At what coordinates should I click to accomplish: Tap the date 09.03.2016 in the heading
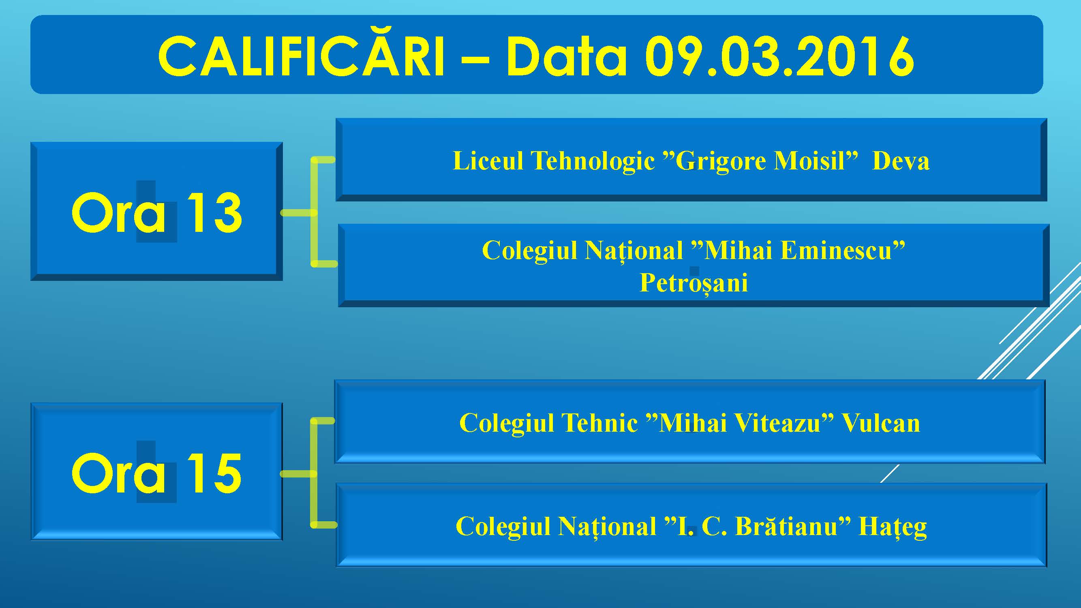(x=779, y=56)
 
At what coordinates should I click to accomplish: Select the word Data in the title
(x=566, y=56)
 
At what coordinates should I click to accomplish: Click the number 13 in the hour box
(x=214, y=212)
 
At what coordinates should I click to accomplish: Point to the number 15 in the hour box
(x=214, y=473)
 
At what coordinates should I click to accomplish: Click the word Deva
(x=901, y=161)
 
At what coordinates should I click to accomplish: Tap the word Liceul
(x=488, y=161)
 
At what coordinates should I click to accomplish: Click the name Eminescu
(x=836, y=250)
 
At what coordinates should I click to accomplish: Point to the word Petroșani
(x=694, y=283)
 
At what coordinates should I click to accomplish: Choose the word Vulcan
(x=881, y=422)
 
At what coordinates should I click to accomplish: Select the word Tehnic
(x=599, y=422)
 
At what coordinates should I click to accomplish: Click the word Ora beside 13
(x=119, y=212)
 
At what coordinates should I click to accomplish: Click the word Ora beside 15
(x=119, y=473)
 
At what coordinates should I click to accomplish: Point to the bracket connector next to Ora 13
(x=313, y=212)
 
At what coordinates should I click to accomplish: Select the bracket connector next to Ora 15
(x=313, y=473)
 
